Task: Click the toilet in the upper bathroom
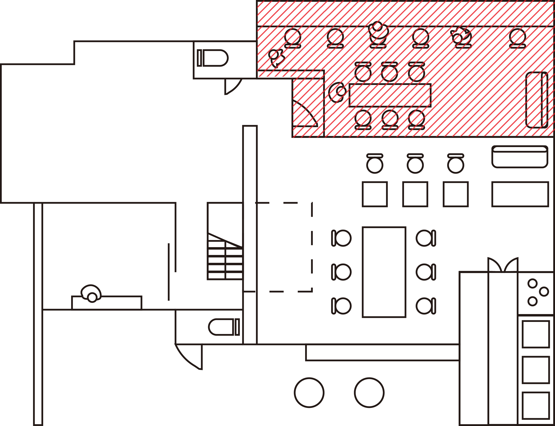(x=213, y=58)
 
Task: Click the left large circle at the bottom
(x=309, y=392)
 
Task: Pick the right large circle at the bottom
(x=369, y=392)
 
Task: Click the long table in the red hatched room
(x=390, y=95)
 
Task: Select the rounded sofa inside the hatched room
(x=536, y=100)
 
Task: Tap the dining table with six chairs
(x=384, y=272)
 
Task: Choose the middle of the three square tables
(x=415, y=194)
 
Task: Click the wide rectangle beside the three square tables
(x=520, y=194)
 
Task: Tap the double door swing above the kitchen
(x=503, y=265)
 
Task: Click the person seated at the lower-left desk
(x=91, y=294)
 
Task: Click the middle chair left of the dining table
(x=341, y=272)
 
